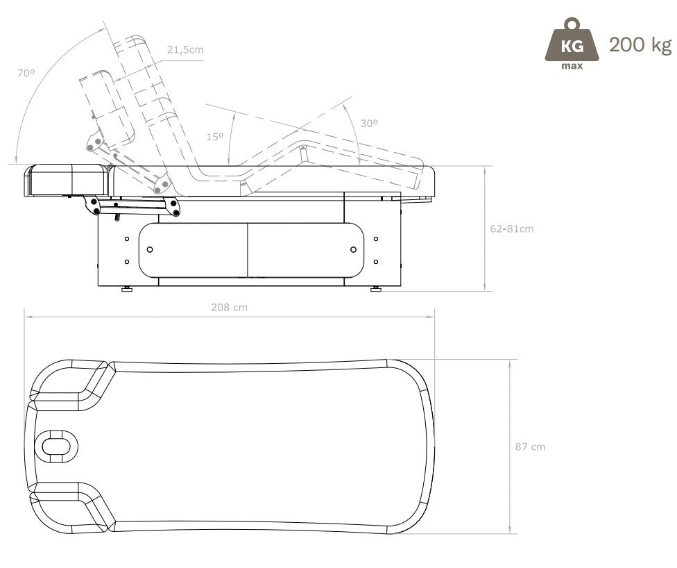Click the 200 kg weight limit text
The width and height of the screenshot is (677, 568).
tap(640, 45)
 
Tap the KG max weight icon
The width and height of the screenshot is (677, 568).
tap(572, 43)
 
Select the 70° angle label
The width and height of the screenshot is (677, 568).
tap(26, 73)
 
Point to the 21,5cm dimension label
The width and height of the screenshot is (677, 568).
tap(185, 50)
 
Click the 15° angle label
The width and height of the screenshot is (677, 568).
tap(215, 137)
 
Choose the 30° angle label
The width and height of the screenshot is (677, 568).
tap(369, 124)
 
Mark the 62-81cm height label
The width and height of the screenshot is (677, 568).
tap(512, 228)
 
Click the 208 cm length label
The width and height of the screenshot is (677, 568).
tap(230, 308)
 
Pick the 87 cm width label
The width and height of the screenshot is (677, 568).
tap(530, 446)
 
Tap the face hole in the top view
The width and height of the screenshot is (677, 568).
tap(56, 446)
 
